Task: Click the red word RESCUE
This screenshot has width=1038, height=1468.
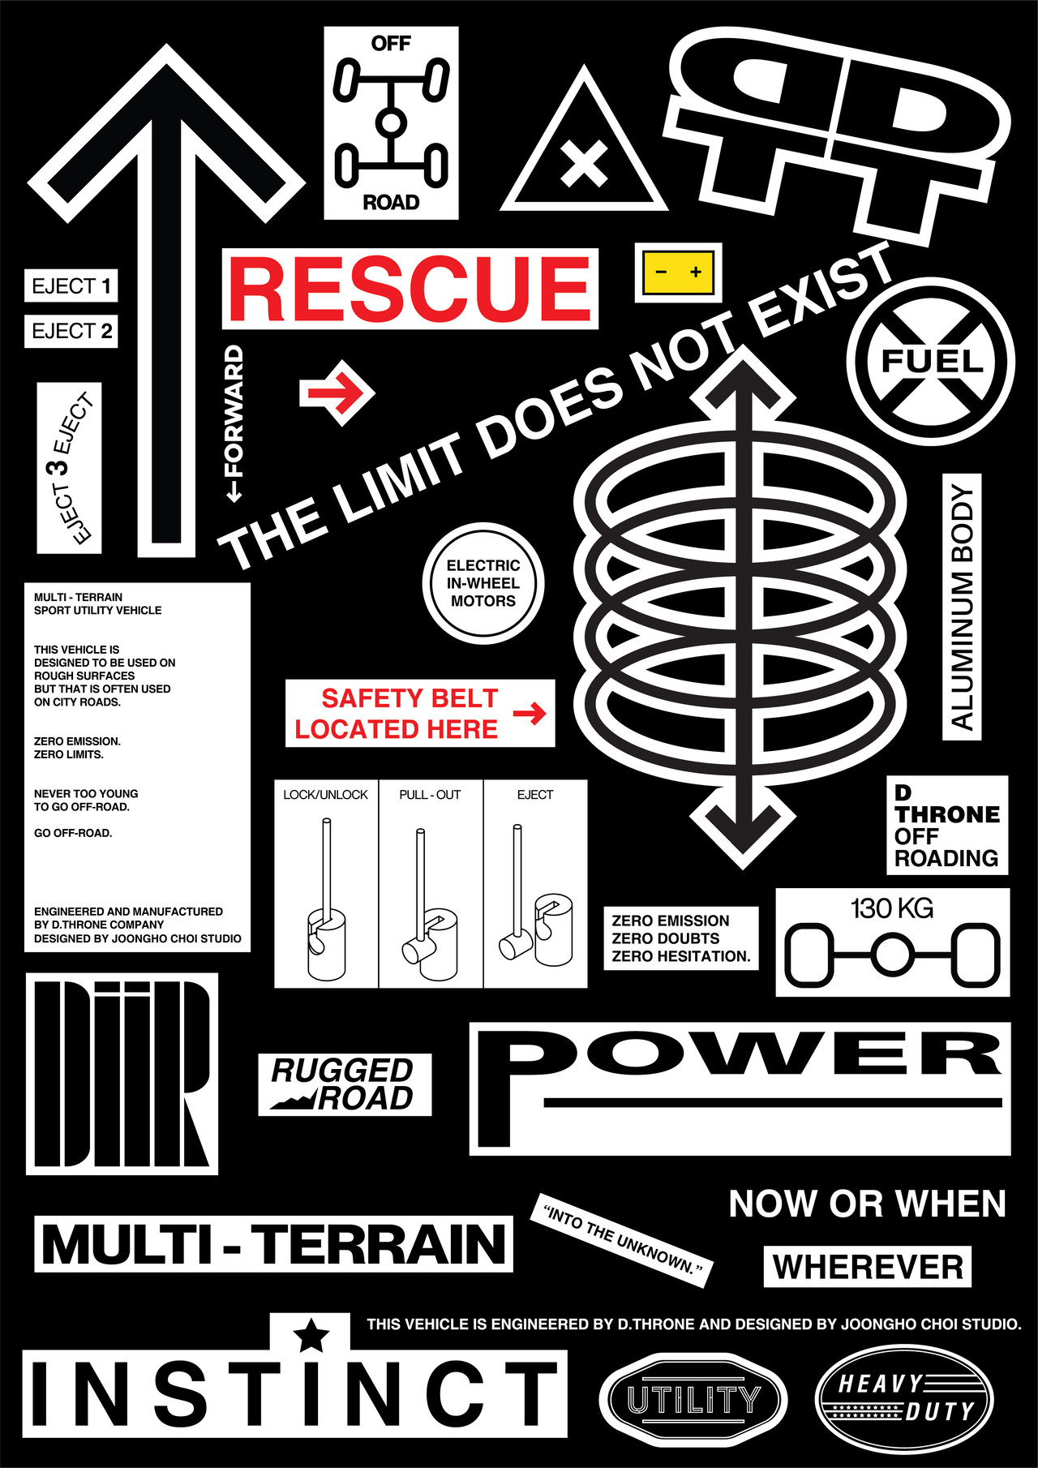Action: point(410,289)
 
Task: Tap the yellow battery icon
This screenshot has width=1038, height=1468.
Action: point(678,273)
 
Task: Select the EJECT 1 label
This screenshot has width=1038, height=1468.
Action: point(71,286)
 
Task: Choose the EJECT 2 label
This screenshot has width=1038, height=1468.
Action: point(71,331)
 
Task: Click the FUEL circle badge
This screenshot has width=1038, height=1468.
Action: point(931,362)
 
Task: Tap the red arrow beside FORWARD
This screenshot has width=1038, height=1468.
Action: point(337,393)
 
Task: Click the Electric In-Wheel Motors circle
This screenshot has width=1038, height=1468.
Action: point(483,584)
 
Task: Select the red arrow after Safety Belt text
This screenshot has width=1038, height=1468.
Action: point(530,714)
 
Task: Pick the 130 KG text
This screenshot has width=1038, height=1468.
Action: point(892,908)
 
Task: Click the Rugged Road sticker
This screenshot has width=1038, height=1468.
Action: point(345,1084)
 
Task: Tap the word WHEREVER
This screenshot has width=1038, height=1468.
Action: point(868,1267)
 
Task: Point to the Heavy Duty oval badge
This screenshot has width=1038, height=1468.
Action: point(904,1399)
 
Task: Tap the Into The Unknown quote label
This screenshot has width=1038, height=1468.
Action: point(622,1240)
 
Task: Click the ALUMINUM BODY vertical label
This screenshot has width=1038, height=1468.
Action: point(962,607)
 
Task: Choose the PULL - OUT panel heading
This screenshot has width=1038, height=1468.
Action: point(430,795)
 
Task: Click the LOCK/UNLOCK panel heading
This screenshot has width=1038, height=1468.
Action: point(325,795)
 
